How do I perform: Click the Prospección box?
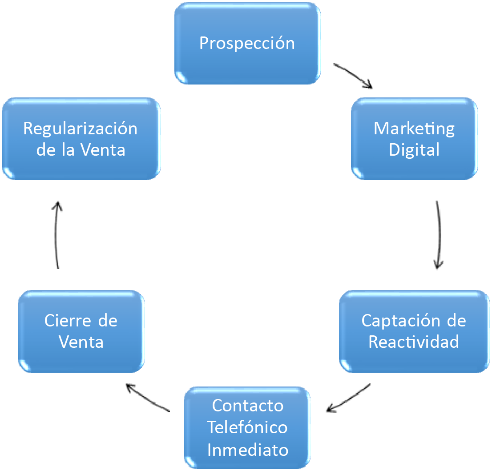click(247, 43)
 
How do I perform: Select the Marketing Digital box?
click(414, 139)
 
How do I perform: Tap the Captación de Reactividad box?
click(414, 331)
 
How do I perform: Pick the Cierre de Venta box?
click(81, 331)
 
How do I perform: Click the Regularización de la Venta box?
click(81, 139)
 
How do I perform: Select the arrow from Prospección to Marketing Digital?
click(353, 76)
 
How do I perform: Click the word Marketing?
click(414, 129)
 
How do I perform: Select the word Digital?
click(414, 150)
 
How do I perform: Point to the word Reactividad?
click(414, 342)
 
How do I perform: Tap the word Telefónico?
click(247, 428)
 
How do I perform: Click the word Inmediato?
click(247, 450)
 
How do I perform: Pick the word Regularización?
click(81, 129)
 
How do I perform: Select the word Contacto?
click(247, 406)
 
